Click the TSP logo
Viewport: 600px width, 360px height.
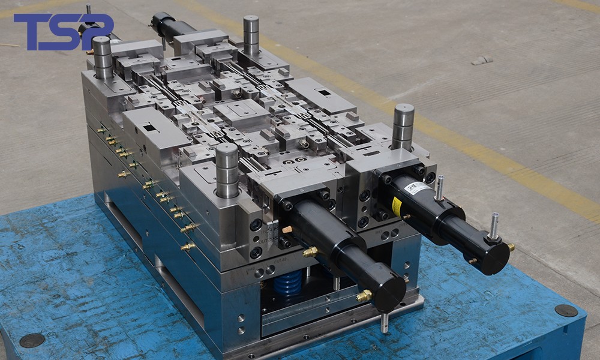(x=63, y=31)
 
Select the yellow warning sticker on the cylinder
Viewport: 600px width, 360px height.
(x=397, y=207)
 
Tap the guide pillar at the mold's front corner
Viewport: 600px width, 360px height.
(x=227, y=171)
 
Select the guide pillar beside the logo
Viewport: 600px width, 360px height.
(x=102, y=58)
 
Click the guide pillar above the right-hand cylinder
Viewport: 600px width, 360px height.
(x=403, y=126)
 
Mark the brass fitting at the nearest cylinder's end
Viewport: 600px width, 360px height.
(x=364, y=295)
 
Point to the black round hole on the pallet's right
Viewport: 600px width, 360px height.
(x=566, y=310)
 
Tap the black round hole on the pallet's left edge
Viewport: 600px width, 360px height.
(x=32, y=340)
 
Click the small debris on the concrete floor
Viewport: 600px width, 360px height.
(x=481, y=60)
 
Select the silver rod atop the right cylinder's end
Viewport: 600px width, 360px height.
(x=494, y=226)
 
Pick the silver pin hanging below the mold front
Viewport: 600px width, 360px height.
(x=384, y=322)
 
